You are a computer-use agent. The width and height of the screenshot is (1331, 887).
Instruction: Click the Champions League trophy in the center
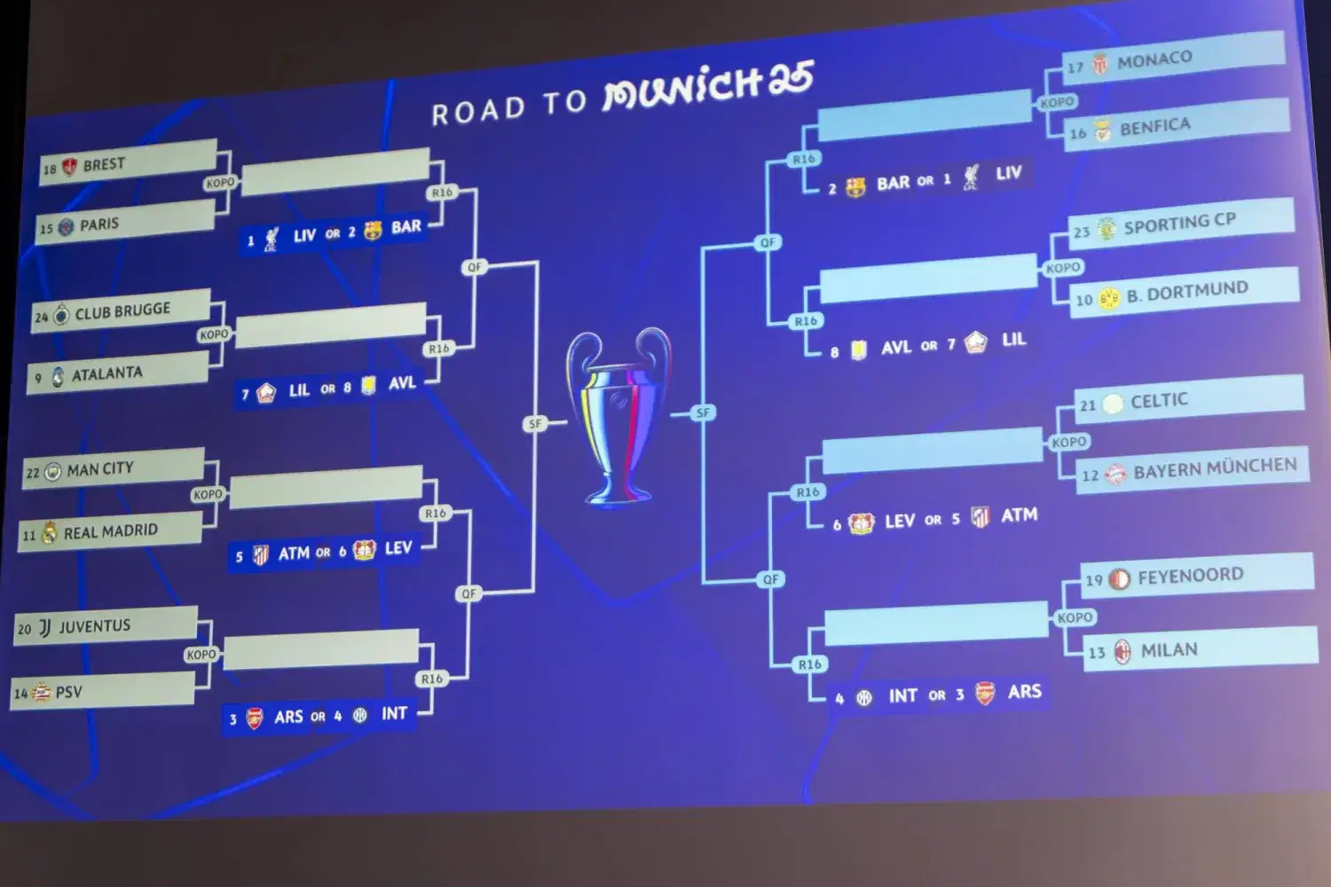(x=618, y=416)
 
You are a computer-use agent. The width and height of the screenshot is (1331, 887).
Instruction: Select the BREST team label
(x=104, y=164)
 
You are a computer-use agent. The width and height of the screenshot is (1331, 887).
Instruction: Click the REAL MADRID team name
(x=111, y=530)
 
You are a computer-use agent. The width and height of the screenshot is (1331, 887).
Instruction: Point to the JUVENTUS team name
(x=94, y=625)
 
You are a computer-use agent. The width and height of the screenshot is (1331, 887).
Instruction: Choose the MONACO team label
(x=1154, y=59)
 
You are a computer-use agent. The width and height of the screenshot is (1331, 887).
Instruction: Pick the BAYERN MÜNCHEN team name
(x=1215, y=467)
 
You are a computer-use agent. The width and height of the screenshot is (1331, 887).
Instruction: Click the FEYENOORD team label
(x=1190, y=576)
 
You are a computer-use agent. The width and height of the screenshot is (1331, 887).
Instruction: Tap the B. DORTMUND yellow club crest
(x=1109, y=298)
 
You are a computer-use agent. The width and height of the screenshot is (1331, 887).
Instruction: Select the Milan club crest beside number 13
(x=1122, y=652)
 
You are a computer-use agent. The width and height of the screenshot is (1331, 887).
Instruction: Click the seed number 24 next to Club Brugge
(x=41, y=317)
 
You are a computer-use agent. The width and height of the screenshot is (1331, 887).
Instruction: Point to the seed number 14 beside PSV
(x=20, y=694)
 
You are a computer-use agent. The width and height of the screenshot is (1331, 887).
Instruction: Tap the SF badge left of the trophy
(x=535, y=424)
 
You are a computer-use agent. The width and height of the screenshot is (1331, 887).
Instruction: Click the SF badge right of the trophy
(x=703, y=412)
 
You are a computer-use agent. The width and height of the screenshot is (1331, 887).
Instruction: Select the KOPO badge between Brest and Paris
(x=220, y=183)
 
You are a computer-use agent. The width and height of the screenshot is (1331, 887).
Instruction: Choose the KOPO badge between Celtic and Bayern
(x=1069, y=442)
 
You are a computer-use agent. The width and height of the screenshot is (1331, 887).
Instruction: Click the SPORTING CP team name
(x=1179, y=223)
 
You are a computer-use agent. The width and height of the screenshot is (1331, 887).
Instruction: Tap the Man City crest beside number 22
(x=53, y=472)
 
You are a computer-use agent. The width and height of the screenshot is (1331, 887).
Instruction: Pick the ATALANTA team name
(x=107, y=373)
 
